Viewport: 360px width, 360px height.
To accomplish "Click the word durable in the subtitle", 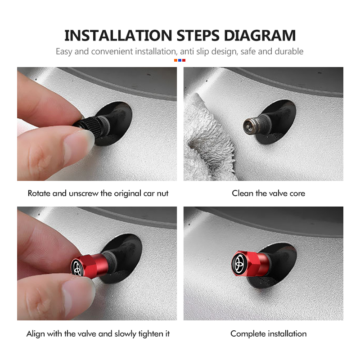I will coord(288,51).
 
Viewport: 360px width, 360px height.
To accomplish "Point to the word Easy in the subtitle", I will coord(64,51).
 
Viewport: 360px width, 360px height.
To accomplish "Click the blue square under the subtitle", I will coord(180,60).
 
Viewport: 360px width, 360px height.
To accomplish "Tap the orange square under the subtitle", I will coord(176,60).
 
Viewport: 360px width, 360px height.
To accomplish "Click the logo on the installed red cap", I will coord(240,261).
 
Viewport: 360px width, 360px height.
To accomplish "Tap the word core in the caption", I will coord(297,193).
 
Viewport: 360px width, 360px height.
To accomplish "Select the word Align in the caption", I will coord(36,334).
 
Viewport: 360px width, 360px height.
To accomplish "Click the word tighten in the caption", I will coord(148,334).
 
